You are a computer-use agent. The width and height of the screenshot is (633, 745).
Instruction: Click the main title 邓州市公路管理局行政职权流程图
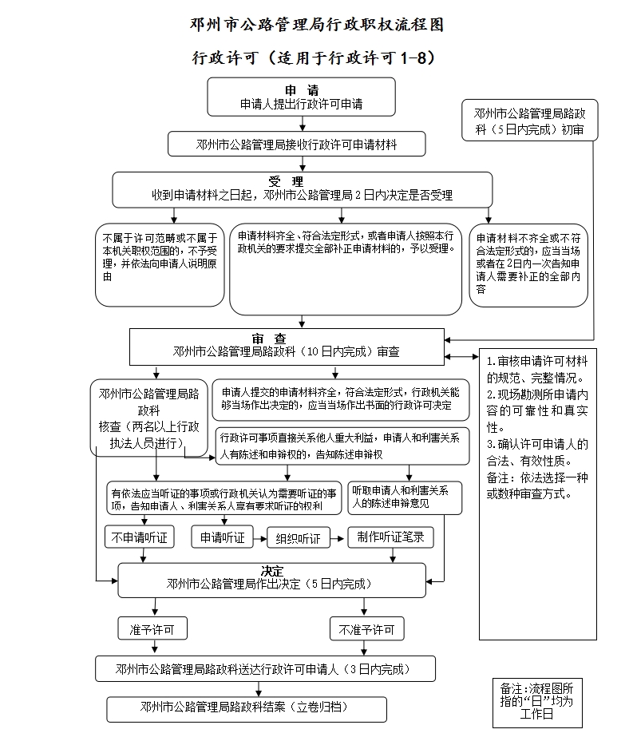pos(317,25)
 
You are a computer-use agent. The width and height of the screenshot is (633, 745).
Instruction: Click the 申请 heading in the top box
pos(302,90)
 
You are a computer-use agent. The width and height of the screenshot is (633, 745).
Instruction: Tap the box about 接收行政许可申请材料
pos(296,145)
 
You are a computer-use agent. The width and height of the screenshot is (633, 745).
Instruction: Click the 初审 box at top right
pos(529,121)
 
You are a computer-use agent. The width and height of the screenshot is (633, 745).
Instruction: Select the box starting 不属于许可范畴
pos(159,264)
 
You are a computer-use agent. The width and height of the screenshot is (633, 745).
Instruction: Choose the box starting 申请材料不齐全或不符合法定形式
pos(528,264)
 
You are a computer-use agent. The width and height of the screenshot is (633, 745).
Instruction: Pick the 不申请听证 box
pos(139,537)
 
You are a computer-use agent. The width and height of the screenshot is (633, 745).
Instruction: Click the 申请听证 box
pos(222,537)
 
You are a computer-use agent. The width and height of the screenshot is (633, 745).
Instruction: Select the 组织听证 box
pos(298,539)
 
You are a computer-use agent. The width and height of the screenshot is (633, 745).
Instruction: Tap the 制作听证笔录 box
pos(391,537)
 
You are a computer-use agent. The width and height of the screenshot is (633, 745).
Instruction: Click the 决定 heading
pos(271,571)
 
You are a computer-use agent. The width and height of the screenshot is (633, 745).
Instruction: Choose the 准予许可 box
pos(152,629)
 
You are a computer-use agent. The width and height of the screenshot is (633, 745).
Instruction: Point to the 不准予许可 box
pos(366,629)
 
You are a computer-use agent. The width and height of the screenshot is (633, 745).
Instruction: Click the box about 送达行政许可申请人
pos(265,668)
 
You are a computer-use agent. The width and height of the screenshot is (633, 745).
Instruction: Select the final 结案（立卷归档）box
pos(247,708)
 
